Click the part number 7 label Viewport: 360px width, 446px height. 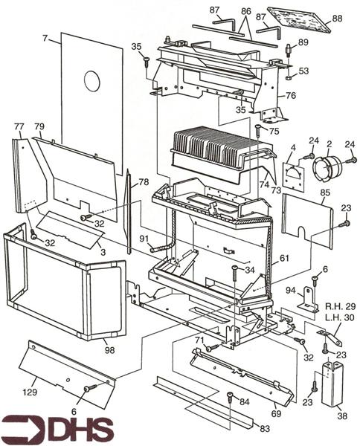(x=46, y=37)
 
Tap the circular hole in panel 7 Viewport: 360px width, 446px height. (x=92, y=80)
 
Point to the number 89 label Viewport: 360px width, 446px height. (x=303, y=43)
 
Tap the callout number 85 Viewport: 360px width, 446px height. (x=325, y=193)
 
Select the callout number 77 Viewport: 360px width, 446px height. (x=18, y=127)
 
